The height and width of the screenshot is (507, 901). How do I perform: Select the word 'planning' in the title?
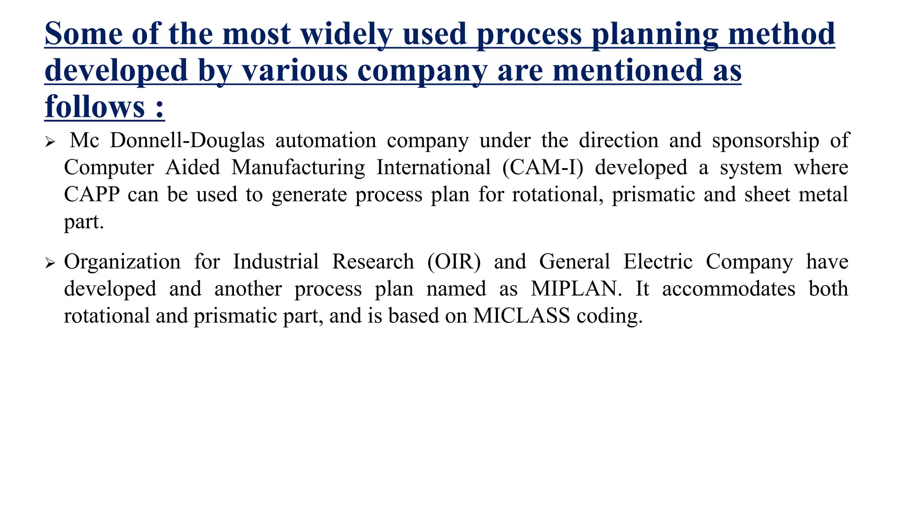tap(655, 34)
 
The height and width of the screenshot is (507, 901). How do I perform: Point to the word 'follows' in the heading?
tap(95, 107)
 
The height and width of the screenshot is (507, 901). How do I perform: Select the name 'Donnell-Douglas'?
tap(187, 140)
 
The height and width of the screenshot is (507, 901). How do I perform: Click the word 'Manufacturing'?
tap(298, 168)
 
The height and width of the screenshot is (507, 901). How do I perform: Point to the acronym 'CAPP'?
tap(92, 195)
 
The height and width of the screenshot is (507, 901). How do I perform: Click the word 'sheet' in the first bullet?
tap(767, 195)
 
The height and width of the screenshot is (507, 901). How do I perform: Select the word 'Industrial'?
tap(275, 262)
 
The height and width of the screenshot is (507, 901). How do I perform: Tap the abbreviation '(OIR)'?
tap(454, 262)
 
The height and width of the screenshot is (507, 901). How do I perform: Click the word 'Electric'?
tap(658, 262)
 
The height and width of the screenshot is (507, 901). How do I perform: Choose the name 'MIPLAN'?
tap(576, 289)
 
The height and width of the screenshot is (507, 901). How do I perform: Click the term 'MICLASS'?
tap(521, 316)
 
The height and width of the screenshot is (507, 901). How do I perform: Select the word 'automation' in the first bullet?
tap(326, 140)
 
